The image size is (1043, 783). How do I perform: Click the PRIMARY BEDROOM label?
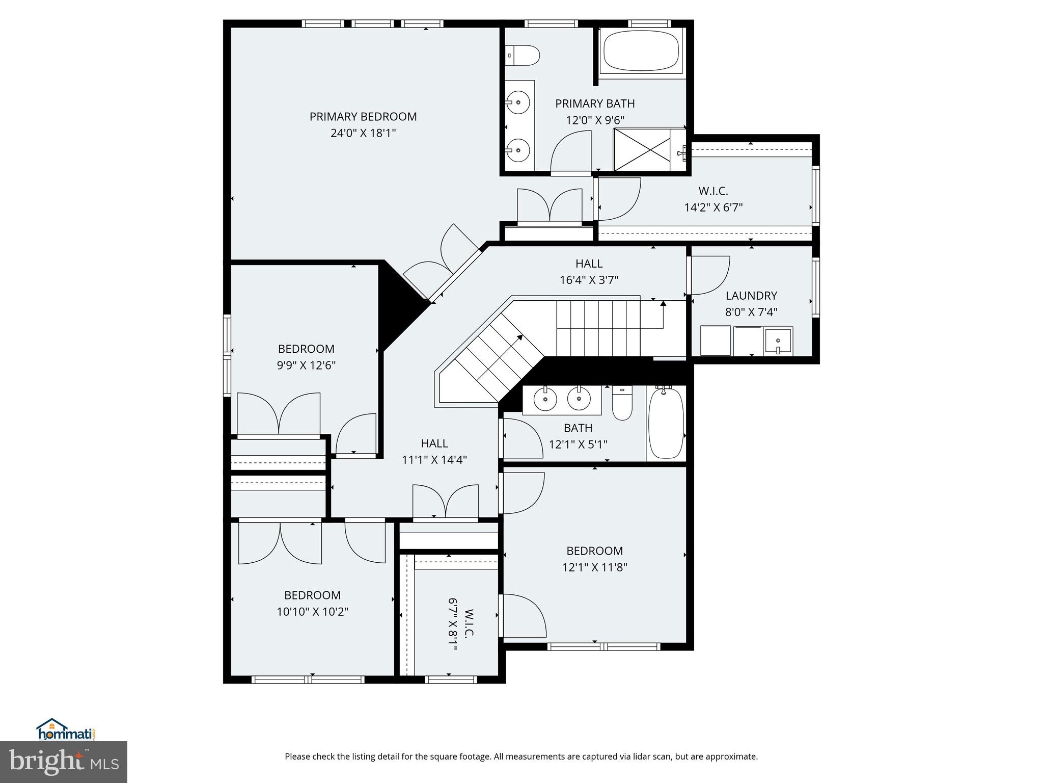coord(363,117)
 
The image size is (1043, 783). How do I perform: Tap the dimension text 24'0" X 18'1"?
coord(363,133)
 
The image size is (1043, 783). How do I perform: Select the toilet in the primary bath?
coord(523,55)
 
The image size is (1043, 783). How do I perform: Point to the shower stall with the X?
coord(643,149)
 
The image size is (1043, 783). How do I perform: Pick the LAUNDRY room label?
coord(751,296)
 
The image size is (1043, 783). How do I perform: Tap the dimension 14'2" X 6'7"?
coord(713,207)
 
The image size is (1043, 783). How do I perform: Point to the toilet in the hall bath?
coord(622,403)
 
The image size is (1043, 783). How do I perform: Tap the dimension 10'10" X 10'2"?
coord(312,611)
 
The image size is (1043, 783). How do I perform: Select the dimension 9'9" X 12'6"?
coord(306,366)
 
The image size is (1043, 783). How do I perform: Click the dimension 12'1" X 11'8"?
coord(594,567)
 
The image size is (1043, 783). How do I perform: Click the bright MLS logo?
coord(64,762)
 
